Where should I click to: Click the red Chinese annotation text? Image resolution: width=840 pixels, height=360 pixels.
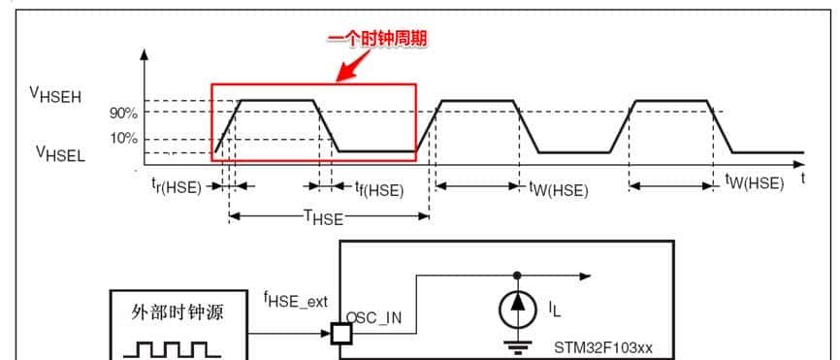[x=377, y=39]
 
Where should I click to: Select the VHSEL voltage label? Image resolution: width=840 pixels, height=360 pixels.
[x=61, y=152]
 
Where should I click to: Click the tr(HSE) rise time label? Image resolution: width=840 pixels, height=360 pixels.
[x=176, y=187]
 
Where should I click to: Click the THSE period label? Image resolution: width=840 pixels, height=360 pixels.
[x=323, y=217]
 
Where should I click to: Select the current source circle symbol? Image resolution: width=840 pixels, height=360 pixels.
[x=516, y=309]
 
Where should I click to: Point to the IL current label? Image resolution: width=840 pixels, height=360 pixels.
[x=554, y=310]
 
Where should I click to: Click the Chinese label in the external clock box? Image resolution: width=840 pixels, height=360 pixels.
[x=178, y=314]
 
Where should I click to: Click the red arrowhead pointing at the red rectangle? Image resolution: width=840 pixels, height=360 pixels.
[x=341, y=72]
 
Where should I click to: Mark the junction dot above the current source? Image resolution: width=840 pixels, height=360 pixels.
[x=516, y=275]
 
